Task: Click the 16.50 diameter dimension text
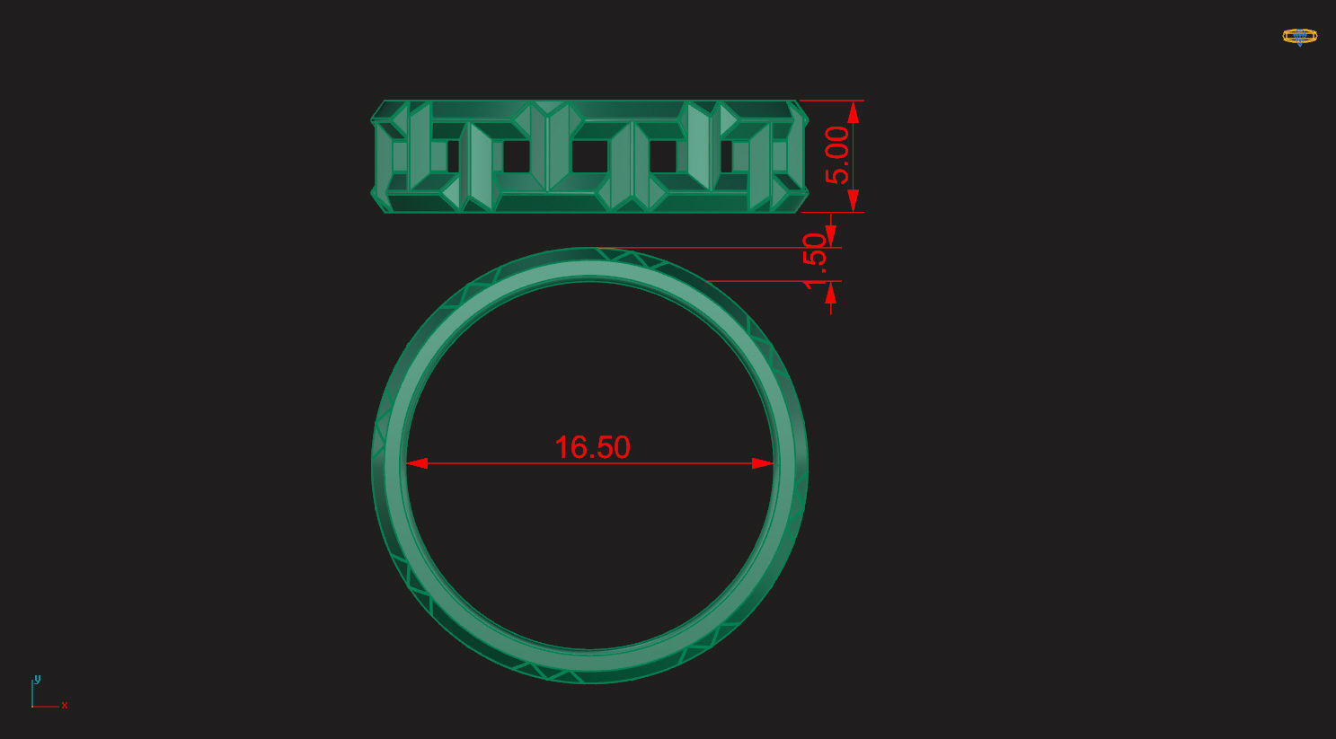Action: (x=592, y=447)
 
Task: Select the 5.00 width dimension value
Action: (x=836, y=155)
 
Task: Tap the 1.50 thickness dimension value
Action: (x=814, y=260)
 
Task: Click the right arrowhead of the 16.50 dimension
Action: (x=762, y=463)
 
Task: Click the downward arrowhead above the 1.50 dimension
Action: (x=831, y=237)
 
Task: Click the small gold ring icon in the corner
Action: (x=1299, y=37)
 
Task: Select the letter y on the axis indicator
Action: (x=38, y=680)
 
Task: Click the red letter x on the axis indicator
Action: (x=65, y=706)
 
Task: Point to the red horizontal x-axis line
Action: (x=47, y=707)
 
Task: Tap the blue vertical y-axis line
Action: (x=33, y=694)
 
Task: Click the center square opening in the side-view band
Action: (x=588, y=157)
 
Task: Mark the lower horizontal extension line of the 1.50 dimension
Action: (x=773, y=281)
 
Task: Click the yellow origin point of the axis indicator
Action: (x=33, y=707)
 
